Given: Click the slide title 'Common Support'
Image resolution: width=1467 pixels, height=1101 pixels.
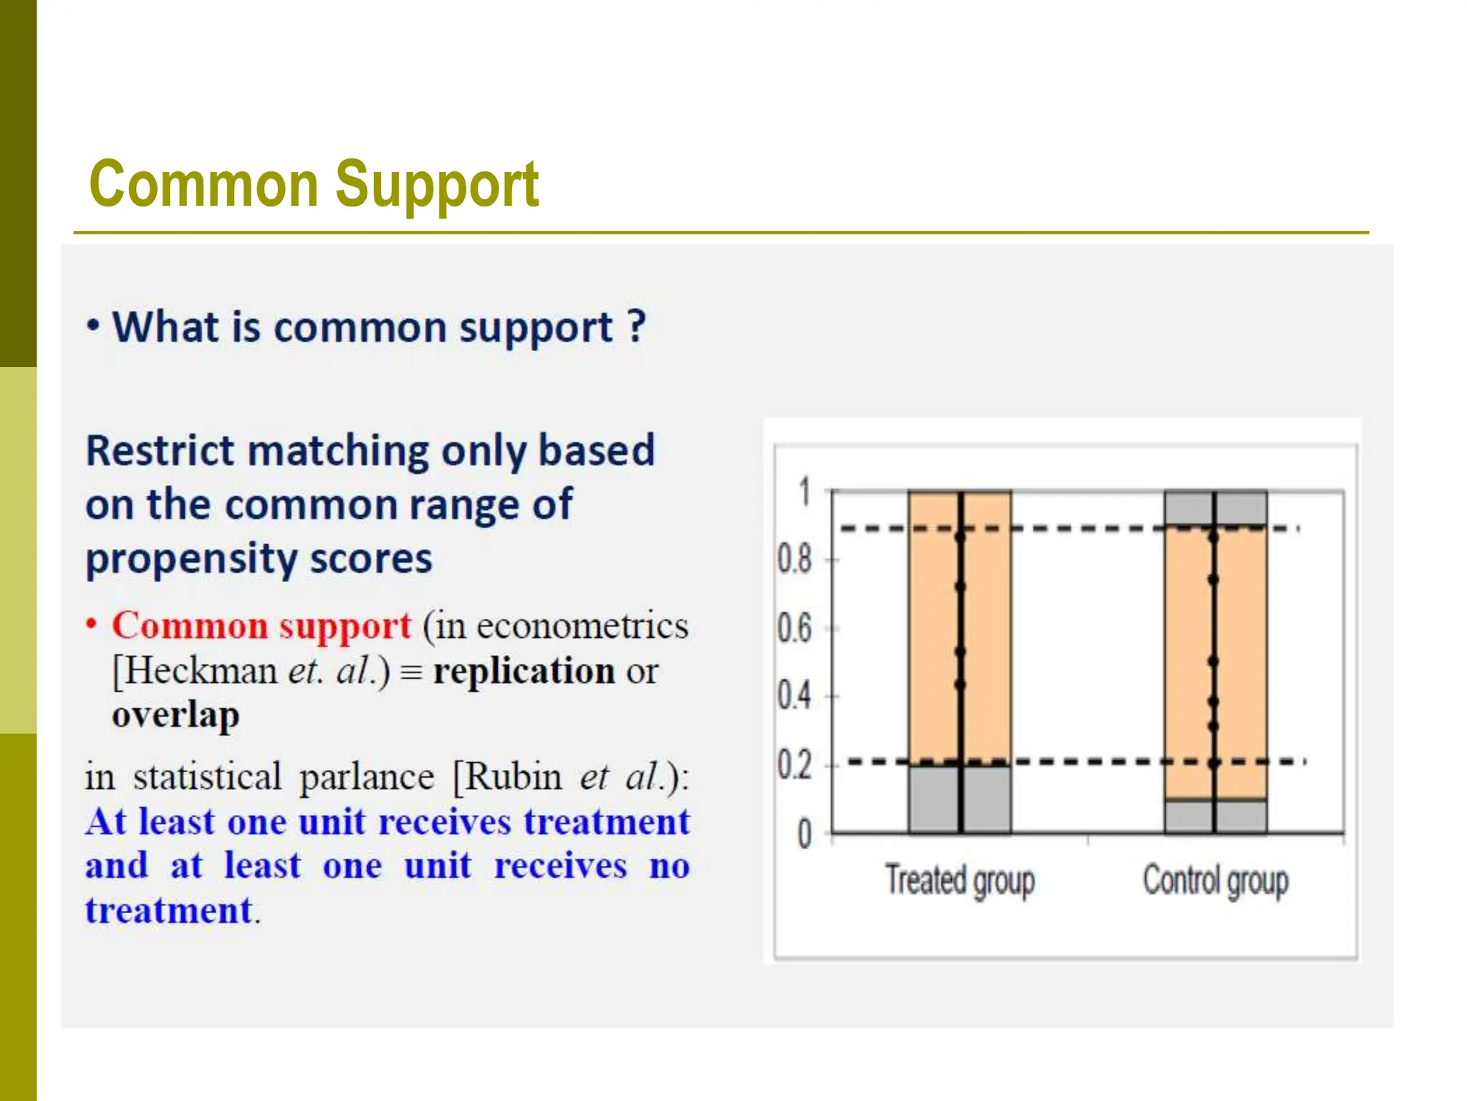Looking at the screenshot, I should [x=314, y=184].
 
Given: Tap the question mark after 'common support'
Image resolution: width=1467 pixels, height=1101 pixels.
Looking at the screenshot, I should [x=637, y=327].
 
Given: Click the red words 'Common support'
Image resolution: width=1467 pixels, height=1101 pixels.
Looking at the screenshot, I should [x=261, y=626].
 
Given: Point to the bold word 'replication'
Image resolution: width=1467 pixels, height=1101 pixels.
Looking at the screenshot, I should [x=524, y=672].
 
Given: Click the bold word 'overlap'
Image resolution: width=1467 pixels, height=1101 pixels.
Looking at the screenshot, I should [x=175, y=715].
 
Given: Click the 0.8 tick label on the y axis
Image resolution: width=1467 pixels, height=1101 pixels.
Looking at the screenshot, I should [x=794, y=560].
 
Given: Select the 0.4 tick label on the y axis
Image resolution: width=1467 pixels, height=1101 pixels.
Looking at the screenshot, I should [x=794, y=695].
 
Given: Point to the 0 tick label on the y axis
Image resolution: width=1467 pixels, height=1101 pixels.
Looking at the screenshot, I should [x=804, y=834].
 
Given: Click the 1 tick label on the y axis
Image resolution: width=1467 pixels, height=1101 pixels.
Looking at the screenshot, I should [x=804, y=493].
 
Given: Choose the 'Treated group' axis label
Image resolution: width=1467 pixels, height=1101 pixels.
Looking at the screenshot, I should [x=960, y=880].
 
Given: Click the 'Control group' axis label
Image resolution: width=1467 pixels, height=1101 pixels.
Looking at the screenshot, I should [x=1216, y=880].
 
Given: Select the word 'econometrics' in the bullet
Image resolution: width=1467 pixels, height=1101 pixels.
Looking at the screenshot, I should [x=582, y=626].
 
